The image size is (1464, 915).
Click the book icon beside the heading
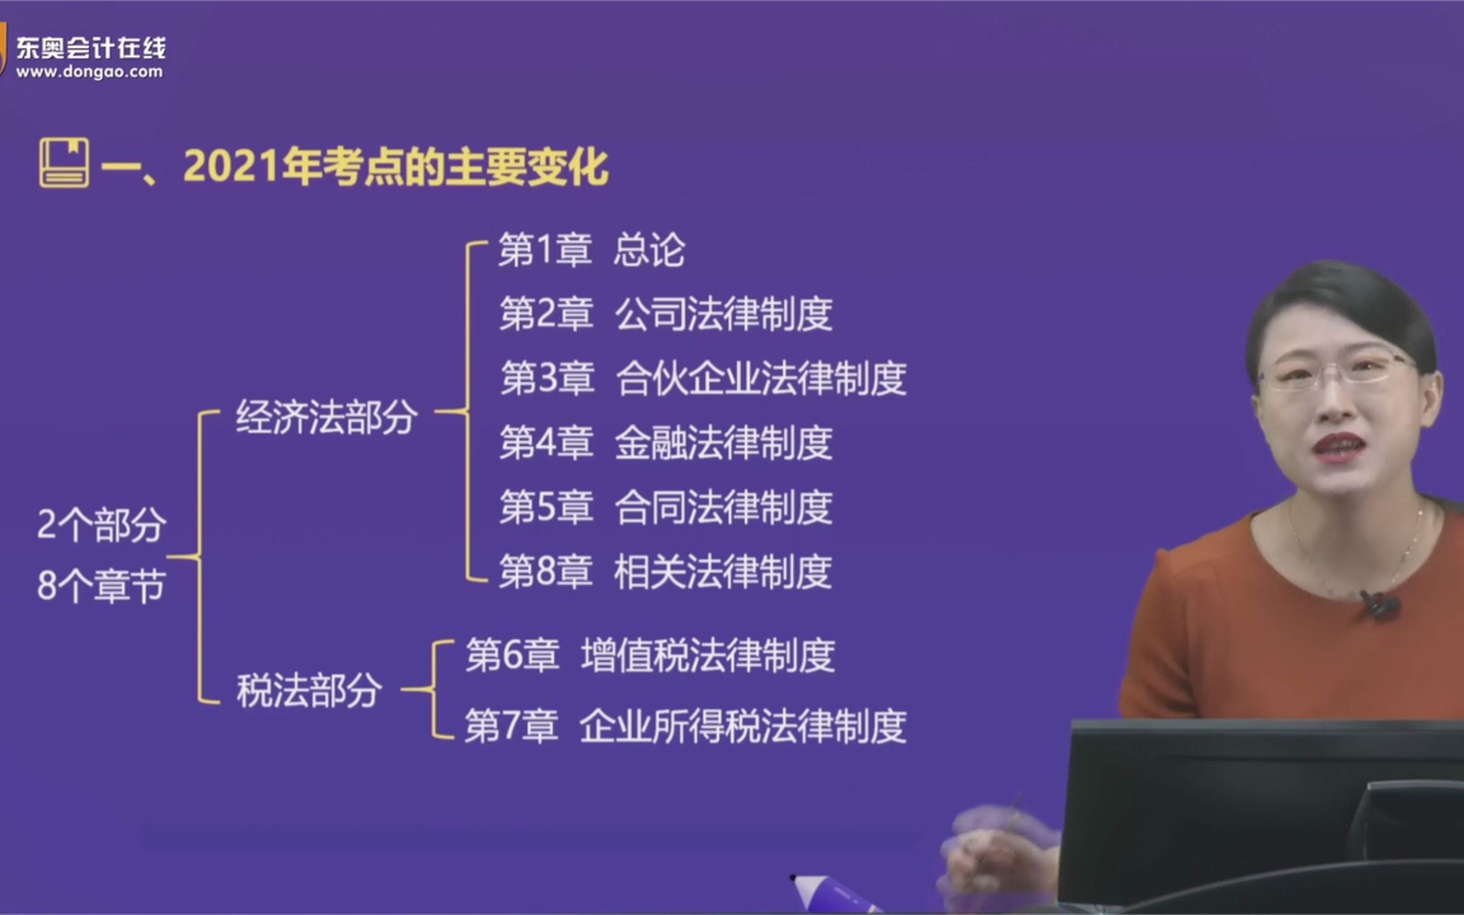[x=64, y=163]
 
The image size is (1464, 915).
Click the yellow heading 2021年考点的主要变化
[x=395, y=166]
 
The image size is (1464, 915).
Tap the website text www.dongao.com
[x=90, y=72]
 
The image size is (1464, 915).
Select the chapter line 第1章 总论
[x=591, y=250]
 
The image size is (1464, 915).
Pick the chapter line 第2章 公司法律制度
[x=665, y=314]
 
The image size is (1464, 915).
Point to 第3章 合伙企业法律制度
[x=703, y=378]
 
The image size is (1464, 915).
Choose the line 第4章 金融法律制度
[x=665, y=443]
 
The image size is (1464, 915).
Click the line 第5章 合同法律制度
[x=665, y=507]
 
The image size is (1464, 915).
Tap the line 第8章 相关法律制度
[x=665, y=571]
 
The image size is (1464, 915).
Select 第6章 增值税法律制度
[x=649, y=656]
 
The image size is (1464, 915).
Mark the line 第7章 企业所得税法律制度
[x=685, y=726]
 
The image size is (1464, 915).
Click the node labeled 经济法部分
[x=327, y=417]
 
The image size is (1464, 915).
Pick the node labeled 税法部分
[x=309, y=691]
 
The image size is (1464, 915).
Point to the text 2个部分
[x=102, y=525]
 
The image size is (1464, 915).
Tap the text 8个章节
[x=102, y=585]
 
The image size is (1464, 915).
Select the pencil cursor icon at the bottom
[x=826, y=891]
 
